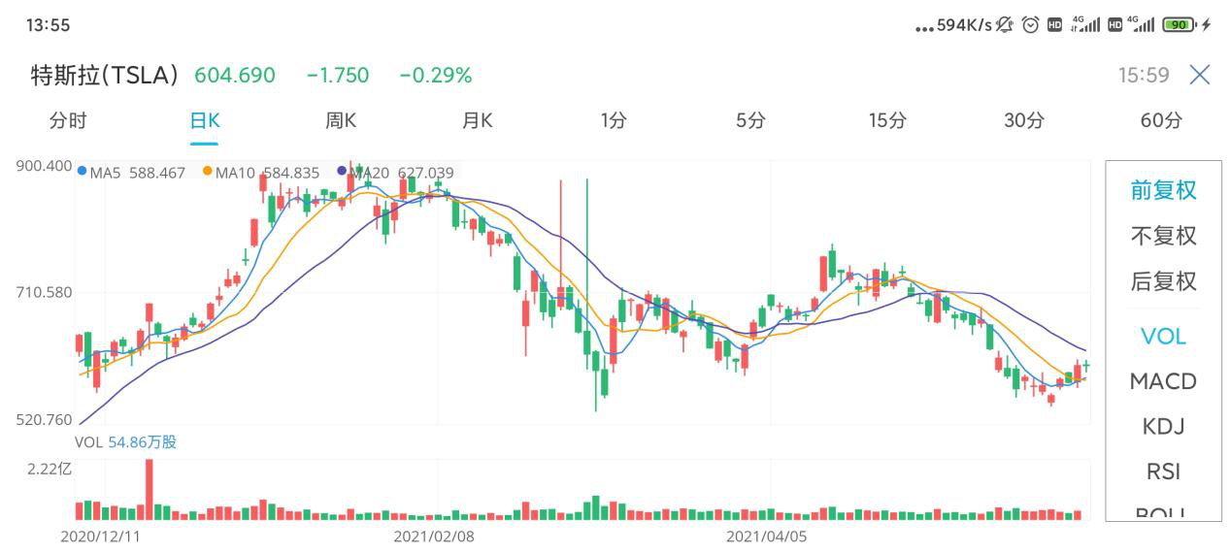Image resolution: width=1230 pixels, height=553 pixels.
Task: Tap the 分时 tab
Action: (x=68, y=121)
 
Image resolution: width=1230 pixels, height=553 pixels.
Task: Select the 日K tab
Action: (x=204, y=121)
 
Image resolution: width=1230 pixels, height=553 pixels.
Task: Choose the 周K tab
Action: (x=341, y=121)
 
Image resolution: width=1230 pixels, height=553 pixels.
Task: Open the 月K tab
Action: (x=477, y=121)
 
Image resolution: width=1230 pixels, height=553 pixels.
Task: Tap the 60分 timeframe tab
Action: (x=1161, y=121)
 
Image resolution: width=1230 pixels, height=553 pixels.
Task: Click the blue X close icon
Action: (x=1200, y=75)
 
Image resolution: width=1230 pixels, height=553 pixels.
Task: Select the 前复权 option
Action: (x=1163, y=190)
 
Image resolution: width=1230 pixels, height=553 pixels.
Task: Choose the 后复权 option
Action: (x=1163, y=281)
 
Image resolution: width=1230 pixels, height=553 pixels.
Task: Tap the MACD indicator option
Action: (x=1163, y=381)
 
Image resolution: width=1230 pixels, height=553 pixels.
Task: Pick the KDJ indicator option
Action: (x=1163, y=427)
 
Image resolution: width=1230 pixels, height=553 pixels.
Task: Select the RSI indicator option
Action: (x=1163, y=472)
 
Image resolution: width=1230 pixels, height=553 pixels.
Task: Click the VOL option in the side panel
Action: (x=1163, y=337)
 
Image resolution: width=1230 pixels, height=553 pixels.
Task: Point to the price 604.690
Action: (x=235, y=75)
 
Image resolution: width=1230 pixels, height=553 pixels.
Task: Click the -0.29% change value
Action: (x=436, y=75)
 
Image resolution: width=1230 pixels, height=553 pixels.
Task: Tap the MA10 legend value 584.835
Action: (x=291, y=174)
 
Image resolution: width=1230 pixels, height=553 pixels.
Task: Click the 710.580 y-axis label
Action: (x=45, y=292)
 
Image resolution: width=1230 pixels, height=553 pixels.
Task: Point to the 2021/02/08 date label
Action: (x=434, y=536)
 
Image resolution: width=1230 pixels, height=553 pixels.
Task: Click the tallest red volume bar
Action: (x=149, y=490)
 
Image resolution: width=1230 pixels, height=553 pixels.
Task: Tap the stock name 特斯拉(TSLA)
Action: (x=105, y=75)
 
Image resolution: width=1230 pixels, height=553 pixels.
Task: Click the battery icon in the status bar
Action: (x=1179, y=25)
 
